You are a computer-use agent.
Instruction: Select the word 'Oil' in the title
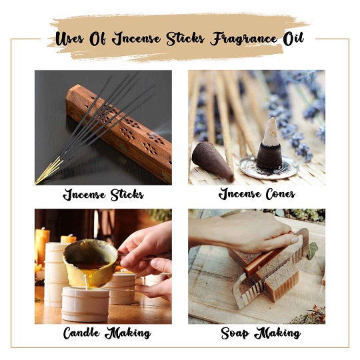pos(292,38)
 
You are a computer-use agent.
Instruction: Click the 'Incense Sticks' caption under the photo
pos(103,195)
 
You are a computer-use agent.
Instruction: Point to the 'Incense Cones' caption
pos(257,195)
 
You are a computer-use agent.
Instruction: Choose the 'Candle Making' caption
pos(103,333)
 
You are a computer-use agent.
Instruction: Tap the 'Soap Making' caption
pos(257,333)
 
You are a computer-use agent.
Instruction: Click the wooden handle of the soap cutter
pos(263,260)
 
